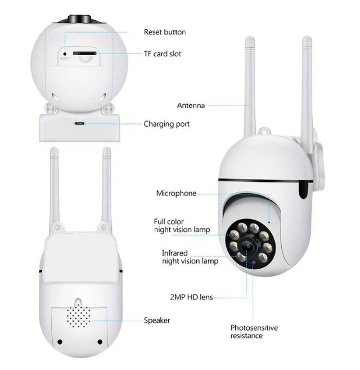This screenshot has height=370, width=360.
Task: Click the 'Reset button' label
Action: click(165, 32)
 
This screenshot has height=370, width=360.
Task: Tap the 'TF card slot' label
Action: click(163, 54)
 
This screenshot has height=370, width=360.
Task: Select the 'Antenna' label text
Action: click(191, 105)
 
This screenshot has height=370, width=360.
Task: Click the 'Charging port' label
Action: click(166, 124)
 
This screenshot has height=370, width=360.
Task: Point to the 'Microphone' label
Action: click(176, 193)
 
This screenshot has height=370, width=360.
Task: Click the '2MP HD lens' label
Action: click(191, 297)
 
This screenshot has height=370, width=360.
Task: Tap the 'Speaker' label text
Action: click(157, 320)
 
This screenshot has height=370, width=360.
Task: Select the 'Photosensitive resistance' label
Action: click(254, 331)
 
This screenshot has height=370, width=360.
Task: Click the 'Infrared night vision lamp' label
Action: click(190, 257)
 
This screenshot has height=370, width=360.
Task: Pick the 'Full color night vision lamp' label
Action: click(182, 226)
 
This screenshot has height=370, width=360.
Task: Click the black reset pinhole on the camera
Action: click(65, 54)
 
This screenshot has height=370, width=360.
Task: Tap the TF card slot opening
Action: click(84, 53)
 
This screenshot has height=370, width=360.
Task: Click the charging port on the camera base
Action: click(79, 123)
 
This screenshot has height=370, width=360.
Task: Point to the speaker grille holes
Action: click(79, 315)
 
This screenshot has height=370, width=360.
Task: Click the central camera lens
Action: click(247, 246)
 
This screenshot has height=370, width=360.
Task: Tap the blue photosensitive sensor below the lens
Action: click(253, 263)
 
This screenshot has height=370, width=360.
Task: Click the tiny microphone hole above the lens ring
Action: click(269, 222)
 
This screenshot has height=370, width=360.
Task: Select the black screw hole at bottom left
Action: click(60, 341)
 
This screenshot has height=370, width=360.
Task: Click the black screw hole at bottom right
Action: click(100, 342)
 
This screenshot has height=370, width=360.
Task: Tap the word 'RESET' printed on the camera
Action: click(65, 59)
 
